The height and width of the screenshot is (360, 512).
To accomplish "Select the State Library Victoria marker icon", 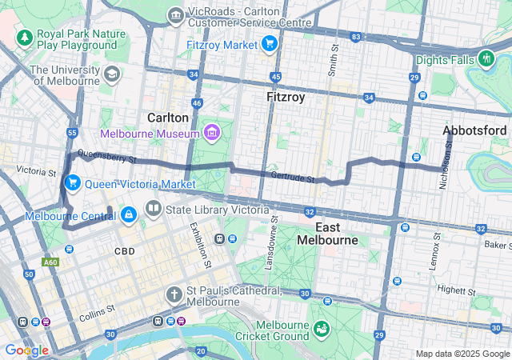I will point(153,210).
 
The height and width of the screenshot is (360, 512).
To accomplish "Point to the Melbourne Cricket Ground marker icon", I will point(321,330).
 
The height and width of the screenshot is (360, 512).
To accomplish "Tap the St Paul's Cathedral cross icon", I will point(174,294).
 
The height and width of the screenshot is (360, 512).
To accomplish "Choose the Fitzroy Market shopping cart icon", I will point(270,43).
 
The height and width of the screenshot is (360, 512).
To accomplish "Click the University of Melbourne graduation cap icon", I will point(111,74).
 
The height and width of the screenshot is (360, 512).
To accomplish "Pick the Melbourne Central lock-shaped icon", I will point(128,215).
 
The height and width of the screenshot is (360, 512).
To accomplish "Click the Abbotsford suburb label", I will point(474,130).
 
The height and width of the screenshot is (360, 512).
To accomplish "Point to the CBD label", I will point(124,251).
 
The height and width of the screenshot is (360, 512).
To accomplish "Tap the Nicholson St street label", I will point(446,166).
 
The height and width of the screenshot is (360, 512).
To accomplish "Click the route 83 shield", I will point(355,38).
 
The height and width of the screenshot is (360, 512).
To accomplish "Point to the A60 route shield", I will point(52,262).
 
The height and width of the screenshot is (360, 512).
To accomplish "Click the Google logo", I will point(26,350).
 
